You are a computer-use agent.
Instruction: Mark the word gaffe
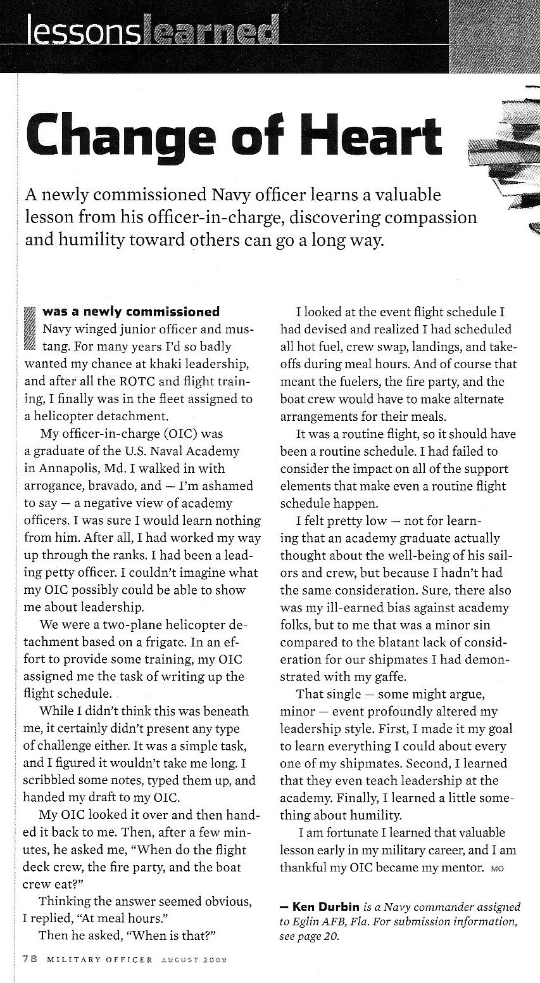(378, 677)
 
